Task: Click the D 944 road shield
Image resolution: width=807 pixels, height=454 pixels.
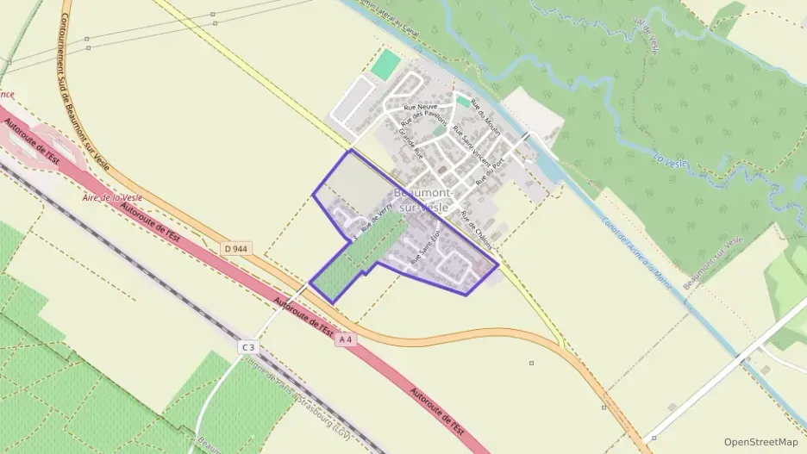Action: pyautogui.click(x=237, y=248)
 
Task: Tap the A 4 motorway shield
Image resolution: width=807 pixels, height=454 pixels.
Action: pyautogui.click(x=346, y=340)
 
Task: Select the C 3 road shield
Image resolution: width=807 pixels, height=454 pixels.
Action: pyautogui.click(x=248, y=346)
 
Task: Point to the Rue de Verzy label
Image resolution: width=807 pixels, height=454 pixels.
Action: pyautogui.click(x=378, y=220)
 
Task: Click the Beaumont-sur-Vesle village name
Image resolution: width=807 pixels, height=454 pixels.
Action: pyautogui.click(x=421, y=201)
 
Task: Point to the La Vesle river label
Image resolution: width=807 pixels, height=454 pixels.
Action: pyautogui.click(x=669, y=159)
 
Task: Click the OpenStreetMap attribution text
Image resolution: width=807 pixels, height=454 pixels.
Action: pyautogui.click(x=760, y=441)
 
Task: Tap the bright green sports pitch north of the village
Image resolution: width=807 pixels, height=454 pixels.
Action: pyautogui.click(x=387, y=62)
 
